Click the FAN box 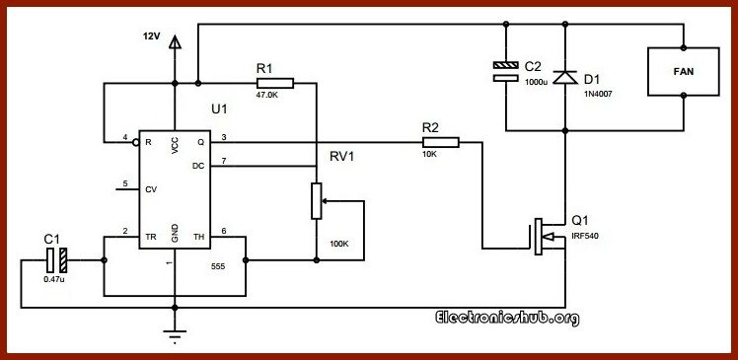(683, 72)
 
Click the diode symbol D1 (564, 75)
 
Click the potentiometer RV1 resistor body (317, 200)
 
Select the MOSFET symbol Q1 (542, 237)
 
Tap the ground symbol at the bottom (175, 337)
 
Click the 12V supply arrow (175, 42)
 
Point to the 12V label (149, 36)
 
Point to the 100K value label (339, 243)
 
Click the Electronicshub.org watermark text (507, 318)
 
